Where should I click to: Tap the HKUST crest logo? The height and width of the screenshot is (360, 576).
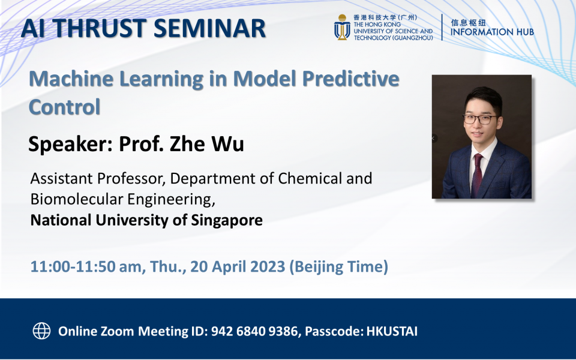[x=342, y=27]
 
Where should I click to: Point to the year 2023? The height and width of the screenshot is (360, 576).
[x=267, y=266]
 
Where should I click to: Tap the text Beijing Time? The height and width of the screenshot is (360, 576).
[x=338, y=266]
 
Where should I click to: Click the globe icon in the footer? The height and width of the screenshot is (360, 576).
[x=41, y=331]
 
